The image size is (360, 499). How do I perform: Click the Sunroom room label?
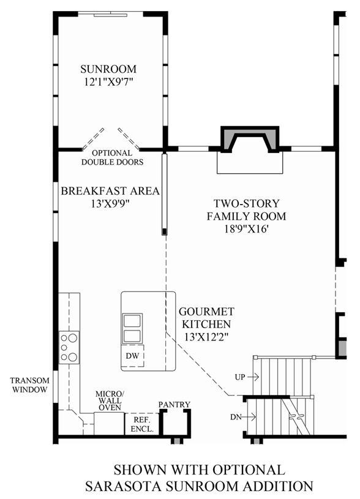pos(108,69)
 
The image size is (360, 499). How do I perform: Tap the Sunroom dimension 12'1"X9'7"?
pos(108,82)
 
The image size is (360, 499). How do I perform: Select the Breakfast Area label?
pos(110,191)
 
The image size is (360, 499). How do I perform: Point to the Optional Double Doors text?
pos(112,157)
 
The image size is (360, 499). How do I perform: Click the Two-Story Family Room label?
pos(246,210)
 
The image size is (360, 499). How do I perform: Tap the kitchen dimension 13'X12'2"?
pos(206,337)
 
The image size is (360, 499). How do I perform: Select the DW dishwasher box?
pos(132,356)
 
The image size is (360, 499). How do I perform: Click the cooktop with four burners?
pos(69,347)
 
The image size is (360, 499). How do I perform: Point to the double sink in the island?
pos(132,328)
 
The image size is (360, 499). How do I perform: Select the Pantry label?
pos(174,405)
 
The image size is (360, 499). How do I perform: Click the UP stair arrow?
pos(253,377)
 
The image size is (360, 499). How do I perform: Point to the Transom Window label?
pos(29,385)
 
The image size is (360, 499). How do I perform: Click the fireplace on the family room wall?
pos(250,140)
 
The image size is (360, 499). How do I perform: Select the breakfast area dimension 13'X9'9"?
pos(110,204)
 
